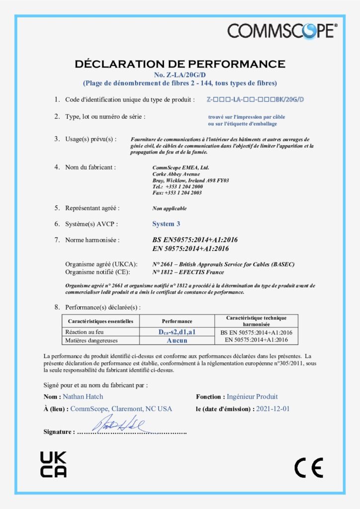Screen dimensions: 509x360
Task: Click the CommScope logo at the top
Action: tap(282, 31)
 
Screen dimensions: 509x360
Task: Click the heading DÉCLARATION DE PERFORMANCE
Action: tap(180, 64)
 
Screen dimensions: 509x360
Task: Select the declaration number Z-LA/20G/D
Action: tap(180, 75)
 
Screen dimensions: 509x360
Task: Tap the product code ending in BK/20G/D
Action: tap(255, 100)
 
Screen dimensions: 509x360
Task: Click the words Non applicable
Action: tap(170, 208)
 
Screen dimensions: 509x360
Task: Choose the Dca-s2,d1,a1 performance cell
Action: tap(177, 332)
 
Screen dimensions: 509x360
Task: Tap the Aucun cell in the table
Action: tap(177, 340)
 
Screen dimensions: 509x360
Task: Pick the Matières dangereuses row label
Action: tap(90, 340)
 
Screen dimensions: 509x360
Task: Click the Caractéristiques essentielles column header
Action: tap(100, 322)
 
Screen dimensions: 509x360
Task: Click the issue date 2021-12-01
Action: tap(272, 409)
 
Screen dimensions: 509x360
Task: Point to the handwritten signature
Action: tap(119, 425)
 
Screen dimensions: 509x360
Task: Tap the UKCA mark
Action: tap(53, 464)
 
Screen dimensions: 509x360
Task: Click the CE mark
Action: tap(309, 468)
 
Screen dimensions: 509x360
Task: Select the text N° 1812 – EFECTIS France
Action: tap(188, 272)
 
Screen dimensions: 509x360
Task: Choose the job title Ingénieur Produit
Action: tap(252, 397)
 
